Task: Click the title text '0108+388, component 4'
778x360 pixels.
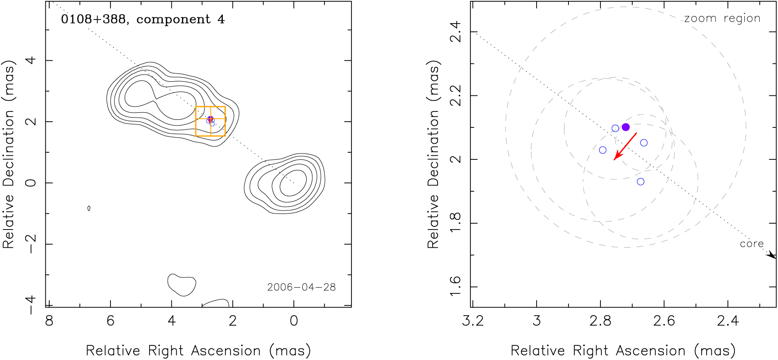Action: coord(143,20)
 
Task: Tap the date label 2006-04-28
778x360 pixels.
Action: coord(301,287)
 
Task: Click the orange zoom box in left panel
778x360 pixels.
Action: coord(210,121)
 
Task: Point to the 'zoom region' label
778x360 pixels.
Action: coord(722,19)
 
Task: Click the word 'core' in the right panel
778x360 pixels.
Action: coord(751,244)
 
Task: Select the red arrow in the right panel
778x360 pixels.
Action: coord(625,146)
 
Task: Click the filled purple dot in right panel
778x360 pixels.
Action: coord(626,127)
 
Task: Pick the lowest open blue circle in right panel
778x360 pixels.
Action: coord(640,182)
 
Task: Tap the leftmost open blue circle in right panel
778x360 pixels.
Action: coord(603,150)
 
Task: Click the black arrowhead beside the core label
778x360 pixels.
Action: coord(772,255)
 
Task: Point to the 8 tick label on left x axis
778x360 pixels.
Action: coord(49,320)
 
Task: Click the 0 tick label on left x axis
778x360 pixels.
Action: coord(294,320)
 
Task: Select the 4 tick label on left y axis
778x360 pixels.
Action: coord(31,60)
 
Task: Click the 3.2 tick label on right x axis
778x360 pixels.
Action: coord(473,320)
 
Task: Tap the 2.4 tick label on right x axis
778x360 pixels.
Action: coord(728,320)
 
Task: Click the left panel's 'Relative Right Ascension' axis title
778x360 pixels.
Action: coord(198,351)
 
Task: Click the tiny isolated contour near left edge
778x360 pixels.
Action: coord(89,208)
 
